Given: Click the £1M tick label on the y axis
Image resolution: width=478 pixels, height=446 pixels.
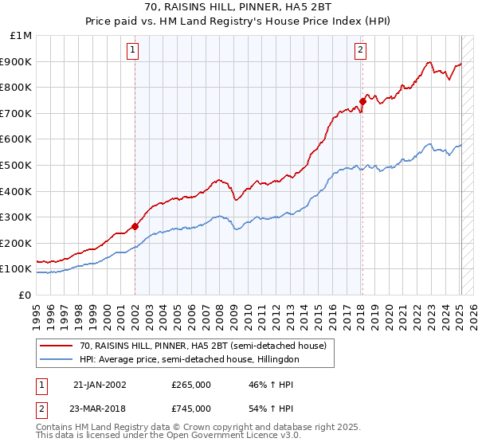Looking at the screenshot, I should (x=21, y=36).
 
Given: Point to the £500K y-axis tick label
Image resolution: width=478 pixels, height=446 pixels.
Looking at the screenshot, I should (x=18, y=165).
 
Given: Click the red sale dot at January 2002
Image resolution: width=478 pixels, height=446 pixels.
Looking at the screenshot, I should (x=135, y=226).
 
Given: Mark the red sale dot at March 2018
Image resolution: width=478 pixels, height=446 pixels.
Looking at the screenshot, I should (x=362, y=101).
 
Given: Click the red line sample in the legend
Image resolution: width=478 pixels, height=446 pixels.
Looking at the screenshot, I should (x=56, y=346).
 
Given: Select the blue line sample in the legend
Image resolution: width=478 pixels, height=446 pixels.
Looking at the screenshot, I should (x=56, y=360).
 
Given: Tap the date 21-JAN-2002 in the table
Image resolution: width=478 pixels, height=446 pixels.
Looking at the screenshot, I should (x=100, y=385).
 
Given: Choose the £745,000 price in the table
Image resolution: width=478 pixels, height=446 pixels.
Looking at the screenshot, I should (x=191, y=409).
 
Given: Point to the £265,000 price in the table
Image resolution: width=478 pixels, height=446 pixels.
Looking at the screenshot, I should (x=191, y=385).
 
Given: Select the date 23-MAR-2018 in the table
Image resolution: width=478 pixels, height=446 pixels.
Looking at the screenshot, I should (x=100, y=409).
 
